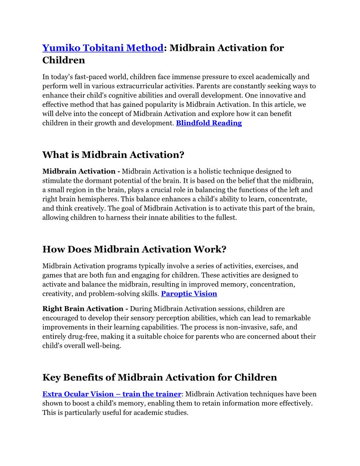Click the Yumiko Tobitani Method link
coord(103,48)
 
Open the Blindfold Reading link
coord(209,123)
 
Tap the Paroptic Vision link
coord(189,293)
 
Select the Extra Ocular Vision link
coord(112,394)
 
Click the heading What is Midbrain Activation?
coord(113,155)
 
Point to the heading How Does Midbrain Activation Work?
coord(134,249)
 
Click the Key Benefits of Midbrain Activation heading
coord(159,377)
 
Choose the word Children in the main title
coord(64,60)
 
